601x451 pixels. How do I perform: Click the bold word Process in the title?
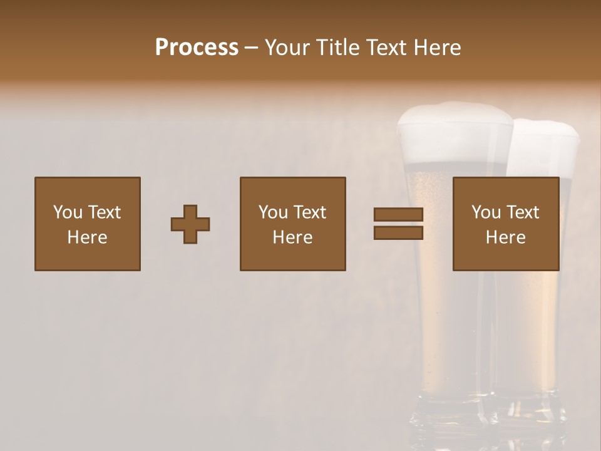(x=197, y=48)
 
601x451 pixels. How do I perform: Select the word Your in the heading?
(x=287, y=48)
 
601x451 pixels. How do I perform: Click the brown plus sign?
(x=190, y=224)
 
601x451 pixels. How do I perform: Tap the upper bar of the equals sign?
(x=398, y=215)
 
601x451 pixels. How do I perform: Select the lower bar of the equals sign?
(x=398, y=233)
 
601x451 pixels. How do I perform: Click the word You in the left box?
(x=68, y=212)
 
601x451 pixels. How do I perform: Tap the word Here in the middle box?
(x=292, y=237)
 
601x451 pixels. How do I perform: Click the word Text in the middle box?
(x=310, y=212)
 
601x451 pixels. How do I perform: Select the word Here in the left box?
(x=87, y=237)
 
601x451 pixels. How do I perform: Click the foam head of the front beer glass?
(x=454, y=132)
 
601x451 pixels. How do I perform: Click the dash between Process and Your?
(x=252, y=48)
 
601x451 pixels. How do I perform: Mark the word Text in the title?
(x=384, y=48)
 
